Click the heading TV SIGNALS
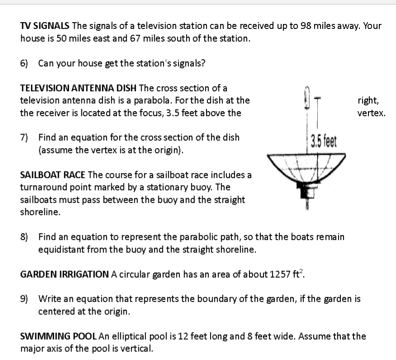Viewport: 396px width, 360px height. point(45,26)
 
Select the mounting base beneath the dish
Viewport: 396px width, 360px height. point(306,192)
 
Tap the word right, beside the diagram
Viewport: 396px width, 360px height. point(368,100)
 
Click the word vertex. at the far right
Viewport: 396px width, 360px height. point(371,113)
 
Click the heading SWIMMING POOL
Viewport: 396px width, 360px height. point(58,336)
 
